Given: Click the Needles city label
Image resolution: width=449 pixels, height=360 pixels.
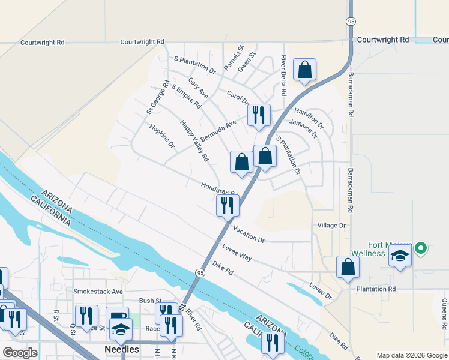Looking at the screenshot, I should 122,349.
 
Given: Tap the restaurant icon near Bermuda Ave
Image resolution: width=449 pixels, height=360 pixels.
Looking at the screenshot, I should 259,115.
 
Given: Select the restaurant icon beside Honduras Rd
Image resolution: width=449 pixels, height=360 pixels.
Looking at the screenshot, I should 228,206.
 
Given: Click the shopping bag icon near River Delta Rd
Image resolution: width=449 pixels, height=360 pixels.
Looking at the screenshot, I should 305,70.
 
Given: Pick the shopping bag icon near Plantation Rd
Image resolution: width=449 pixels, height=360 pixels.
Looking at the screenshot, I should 348,267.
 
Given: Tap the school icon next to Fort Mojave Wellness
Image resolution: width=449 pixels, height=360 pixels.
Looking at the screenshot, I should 400,256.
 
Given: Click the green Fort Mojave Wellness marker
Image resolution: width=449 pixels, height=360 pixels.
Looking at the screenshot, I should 421,247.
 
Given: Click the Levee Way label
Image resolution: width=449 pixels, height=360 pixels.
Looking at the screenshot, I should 237,253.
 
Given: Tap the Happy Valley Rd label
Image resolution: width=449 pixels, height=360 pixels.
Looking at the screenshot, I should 194,141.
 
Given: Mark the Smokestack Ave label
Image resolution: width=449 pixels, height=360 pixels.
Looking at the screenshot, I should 98,292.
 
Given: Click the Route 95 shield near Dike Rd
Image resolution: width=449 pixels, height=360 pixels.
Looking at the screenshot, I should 199,272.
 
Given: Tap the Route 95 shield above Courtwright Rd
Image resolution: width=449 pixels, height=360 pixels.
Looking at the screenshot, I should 351,21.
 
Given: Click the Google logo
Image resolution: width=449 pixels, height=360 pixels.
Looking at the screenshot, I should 20,353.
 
